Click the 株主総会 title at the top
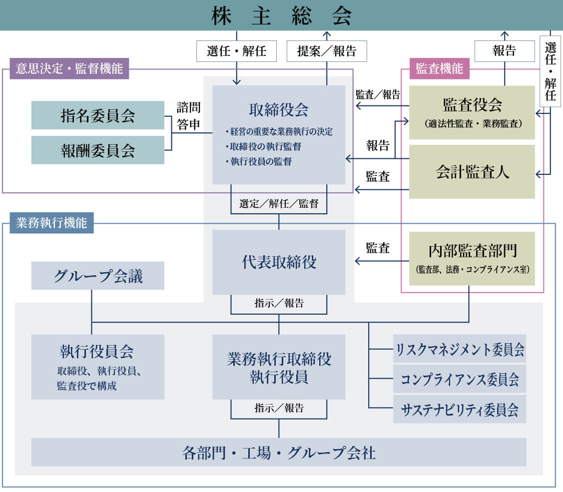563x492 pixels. coord(281,15)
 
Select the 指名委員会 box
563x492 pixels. coord(98,115)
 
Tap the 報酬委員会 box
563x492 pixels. coord(98,150)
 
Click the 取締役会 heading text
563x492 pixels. coord(279,110)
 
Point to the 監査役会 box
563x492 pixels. coord(472,112)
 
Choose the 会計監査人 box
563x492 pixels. coord(472,171)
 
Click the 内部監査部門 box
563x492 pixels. coord(472,258)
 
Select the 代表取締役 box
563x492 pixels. coord(279,262)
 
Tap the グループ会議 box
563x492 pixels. coord(98,276)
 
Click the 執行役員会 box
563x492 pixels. coord(98,367)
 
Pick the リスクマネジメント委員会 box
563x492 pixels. coord(460,349)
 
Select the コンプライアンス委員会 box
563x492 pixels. coord(460,379)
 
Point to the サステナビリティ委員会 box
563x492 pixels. coord(460,410)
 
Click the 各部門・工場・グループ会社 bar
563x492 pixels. coord(279,453)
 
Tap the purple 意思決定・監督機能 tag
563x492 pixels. coord(69,68)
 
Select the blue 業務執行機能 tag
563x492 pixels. coord(51,223)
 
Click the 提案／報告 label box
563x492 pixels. coord(327,51)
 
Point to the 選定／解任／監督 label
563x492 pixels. coord(279,204)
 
